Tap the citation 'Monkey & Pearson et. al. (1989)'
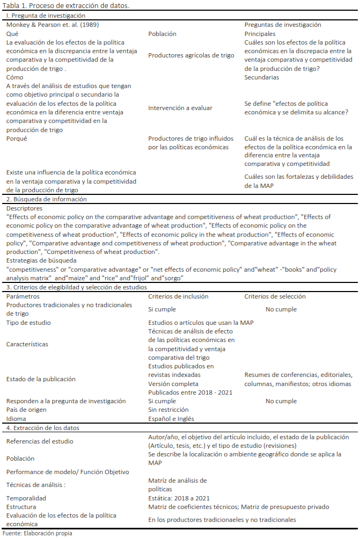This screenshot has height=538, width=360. tap(52, 25)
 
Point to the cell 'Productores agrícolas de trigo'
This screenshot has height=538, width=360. tap(191, 55)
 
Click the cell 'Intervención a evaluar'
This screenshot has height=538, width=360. tap(180, 108)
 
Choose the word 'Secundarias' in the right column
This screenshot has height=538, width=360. tap(262, 77)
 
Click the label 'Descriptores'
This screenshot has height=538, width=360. tap(25, 208)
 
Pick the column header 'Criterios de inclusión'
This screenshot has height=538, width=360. tap(178, 296)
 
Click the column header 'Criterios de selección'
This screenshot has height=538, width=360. tap(275, 296)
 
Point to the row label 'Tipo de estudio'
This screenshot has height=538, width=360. tap(28, 323)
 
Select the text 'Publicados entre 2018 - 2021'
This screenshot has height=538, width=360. tap(190, 392)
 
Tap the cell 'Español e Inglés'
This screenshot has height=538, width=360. tap(171, 419)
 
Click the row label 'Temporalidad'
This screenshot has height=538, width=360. tap(26, 498)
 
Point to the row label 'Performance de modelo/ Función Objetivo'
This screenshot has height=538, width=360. tap(68, 472)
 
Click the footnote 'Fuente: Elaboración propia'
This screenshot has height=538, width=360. tap(38, 533)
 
